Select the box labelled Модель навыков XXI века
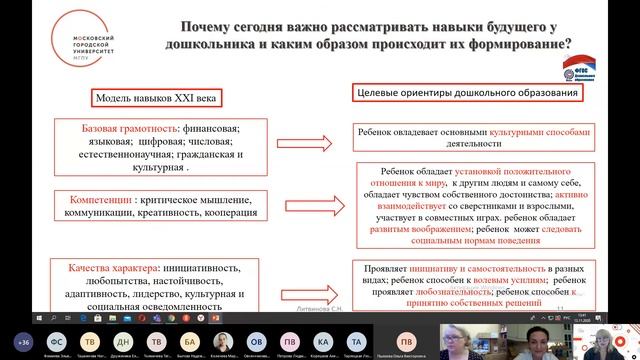point(155,99)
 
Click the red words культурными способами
point(541,132)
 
